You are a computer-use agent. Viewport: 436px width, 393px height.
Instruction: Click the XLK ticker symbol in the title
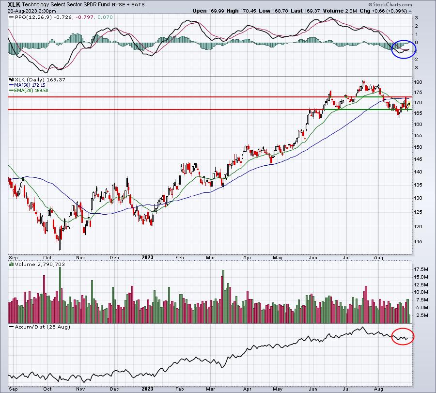click(x=14, y=4)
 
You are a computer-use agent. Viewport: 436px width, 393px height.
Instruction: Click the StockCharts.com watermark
click(x=390, y=4)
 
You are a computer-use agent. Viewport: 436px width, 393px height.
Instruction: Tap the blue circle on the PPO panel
click(x=404, y=49)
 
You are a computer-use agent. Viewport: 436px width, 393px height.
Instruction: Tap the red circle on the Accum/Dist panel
click(x=403, y=336)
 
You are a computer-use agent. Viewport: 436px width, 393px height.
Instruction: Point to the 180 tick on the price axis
click(x=418, y=82)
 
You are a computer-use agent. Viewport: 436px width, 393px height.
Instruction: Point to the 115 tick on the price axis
click(x=418, y=242)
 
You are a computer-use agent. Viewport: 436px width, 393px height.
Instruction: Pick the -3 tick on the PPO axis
click(x=416, y=67)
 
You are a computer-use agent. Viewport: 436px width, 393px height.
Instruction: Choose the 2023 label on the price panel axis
click(x=147, y=257)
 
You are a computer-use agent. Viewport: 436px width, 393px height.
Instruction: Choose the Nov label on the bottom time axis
click(x=80, y=389)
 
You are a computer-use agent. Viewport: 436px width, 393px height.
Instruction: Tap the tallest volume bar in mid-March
click(x=223, y=297)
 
